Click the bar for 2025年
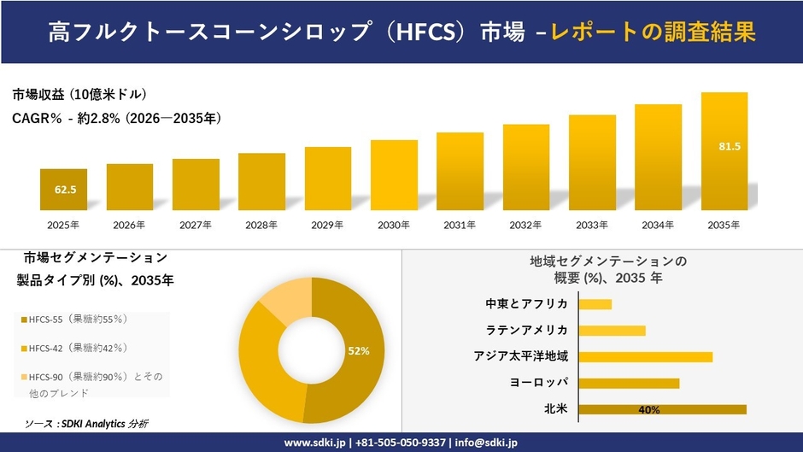(x=64, y=190)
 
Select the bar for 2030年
(x=394, y=175)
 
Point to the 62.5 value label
(x=65, y=190)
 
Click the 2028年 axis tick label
(x=261, y=225)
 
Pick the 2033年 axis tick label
(x=592, y=225)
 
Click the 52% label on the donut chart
(x=358, y=351)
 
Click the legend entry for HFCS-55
(x=74, y=319)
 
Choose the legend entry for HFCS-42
(x=74, y=348)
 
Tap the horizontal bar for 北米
(x=662, y=409)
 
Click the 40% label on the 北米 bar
(x=648, y=410)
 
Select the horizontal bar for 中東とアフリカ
(x=595, y=304)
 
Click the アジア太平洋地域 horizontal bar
(x=645, y=356)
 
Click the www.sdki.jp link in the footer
(x=314, y=443)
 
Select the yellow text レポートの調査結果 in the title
(x=653, y=32)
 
